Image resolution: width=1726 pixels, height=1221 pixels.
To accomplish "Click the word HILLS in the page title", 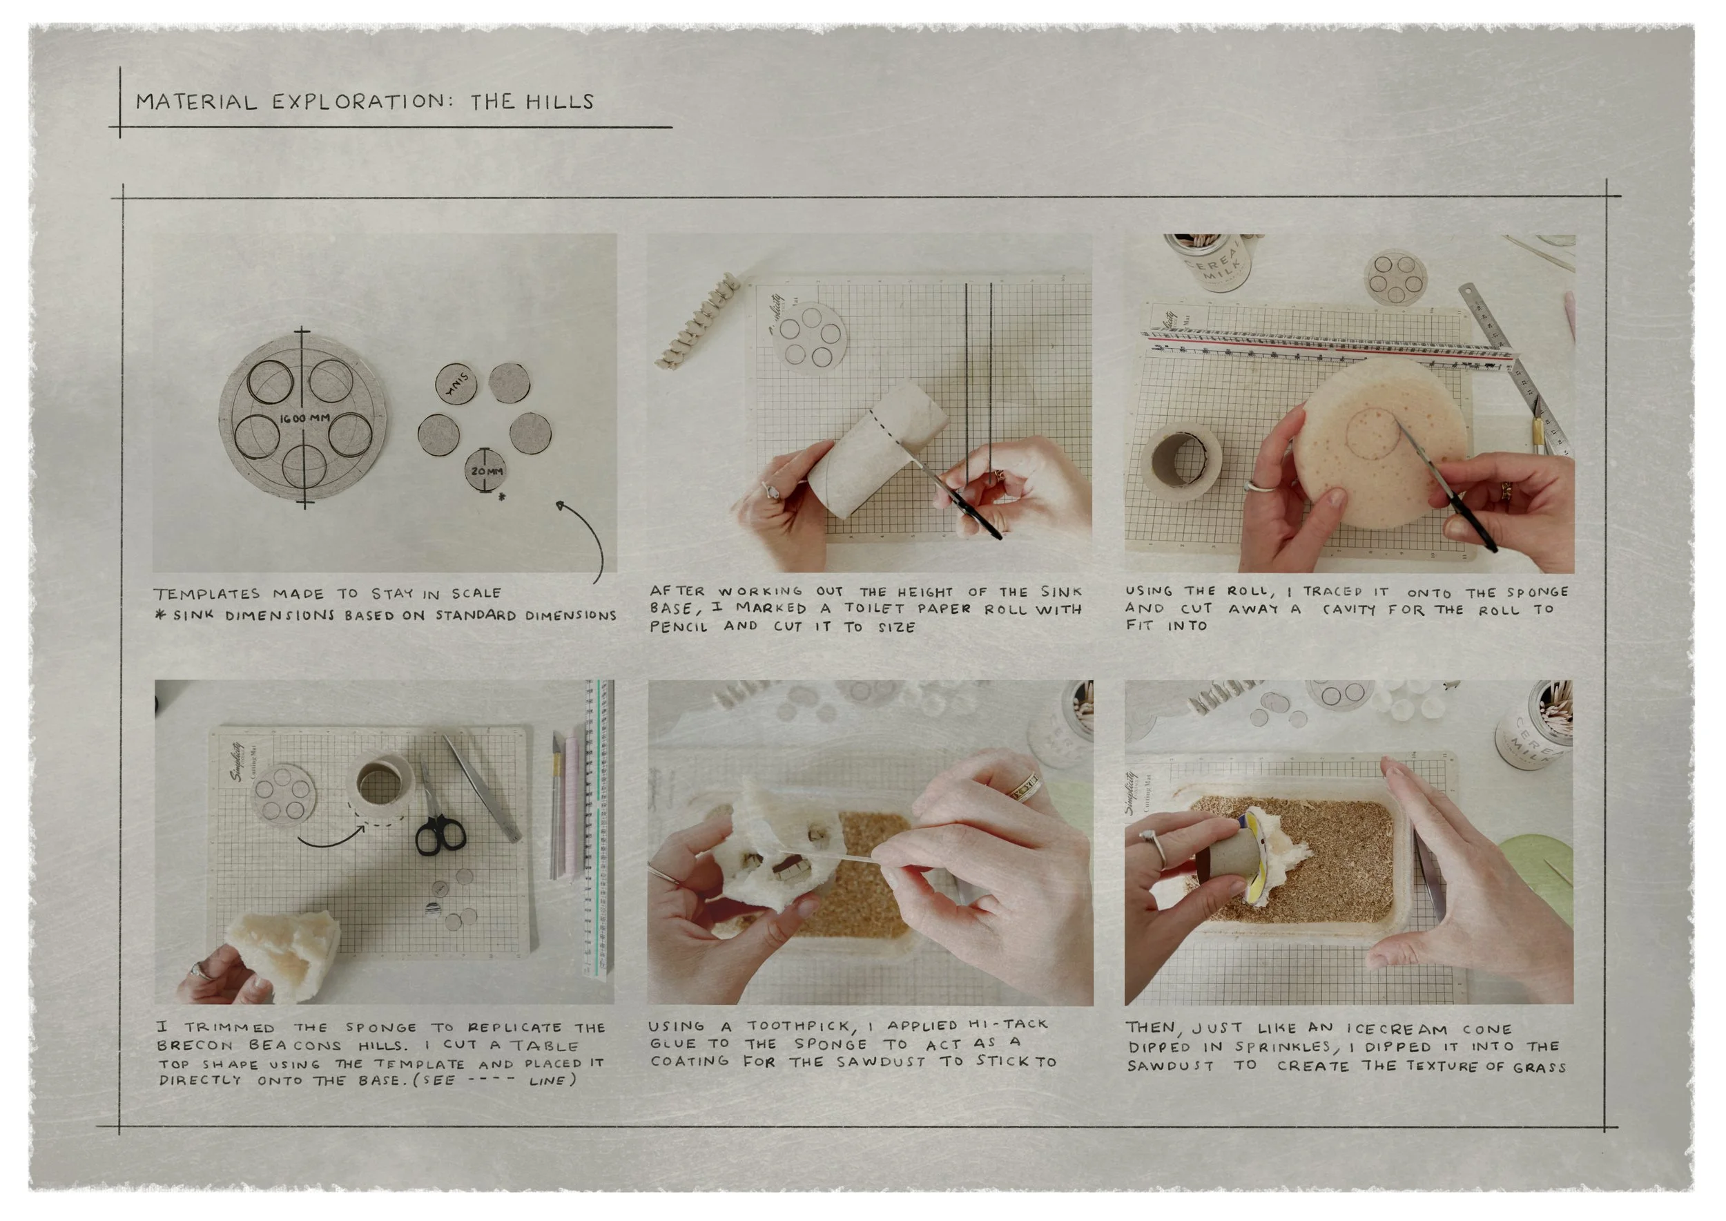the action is [x=559, y=102].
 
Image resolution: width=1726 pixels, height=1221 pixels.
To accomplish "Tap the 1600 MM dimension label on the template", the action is [x=304, y=419].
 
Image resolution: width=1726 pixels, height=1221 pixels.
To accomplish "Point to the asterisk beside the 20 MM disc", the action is [x=501, y=497].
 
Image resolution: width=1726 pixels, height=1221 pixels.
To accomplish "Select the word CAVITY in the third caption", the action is [x=1349, y=609].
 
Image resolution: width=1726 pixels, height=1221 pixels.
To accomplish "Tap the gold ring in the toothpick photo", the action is [x=1024, y=787].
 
